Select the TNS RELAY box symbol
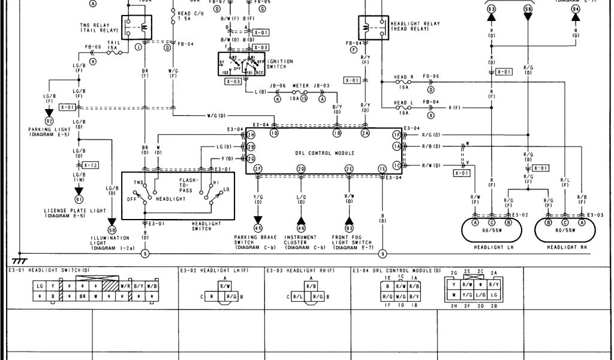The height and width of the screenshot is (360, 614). point(137,28)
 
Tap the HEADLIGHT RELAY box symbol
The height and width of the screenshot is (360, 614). point(372,27)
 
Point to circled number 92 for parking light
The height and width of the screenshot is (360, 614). point(49,121)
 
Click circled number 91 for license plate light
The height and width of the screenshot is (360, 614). point(79,199)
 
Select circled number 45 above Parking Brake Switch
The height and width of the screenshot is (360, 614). point(258,227)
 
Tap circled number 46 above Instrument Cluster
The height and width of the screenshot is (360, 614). point(300,227)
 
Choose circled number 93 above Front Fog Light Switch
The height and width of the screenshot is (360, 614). point(348,227)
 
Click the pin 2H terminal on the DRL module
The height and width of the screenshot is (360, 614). point(251,134)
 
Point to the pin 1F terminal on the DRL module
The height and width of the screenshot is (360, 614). point(396,134)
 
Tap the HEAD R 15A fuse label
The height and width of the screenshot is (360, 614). point(403,81)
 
